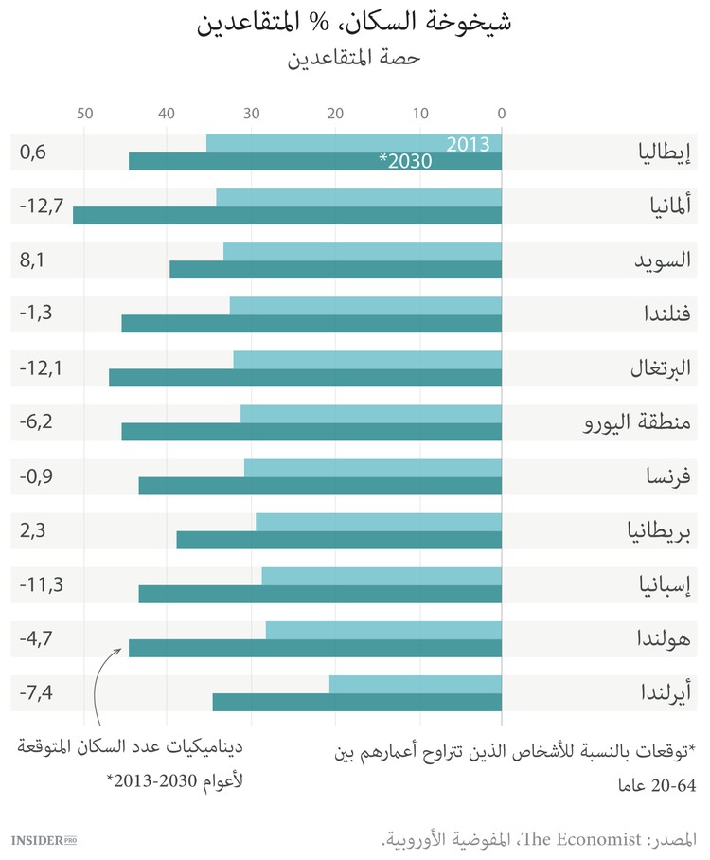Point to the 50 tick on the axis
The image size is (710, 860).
[x=84, y=114]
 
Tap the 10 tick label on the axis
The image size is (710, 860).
[x=419, y=114]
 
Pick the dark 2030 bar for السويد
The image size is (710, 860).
[x=335, y=270]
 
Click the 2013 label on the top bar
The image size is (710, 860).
[x=468, y=144]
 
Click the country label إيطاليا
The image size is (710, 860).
[x=663, y=152]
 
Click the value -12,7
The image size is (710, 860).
[x=41, y=206]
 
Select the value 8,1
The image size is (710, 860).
[x=32, y=260]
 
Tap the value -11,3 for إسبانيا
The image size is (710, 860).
[x=41, y=584]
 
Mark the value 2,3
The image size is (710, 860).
[x=32, y=530]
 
